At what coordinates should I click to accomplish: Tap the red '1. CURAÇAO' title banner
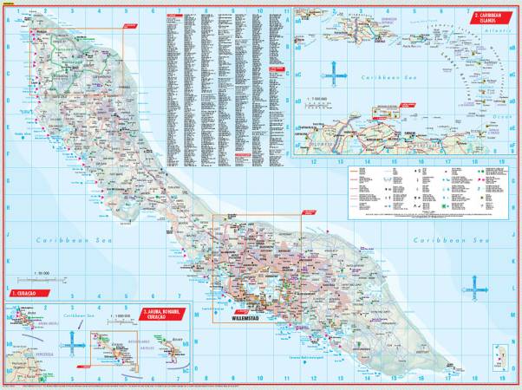23,295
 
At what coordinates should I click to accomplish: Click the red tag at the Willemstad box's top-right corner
309,211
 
